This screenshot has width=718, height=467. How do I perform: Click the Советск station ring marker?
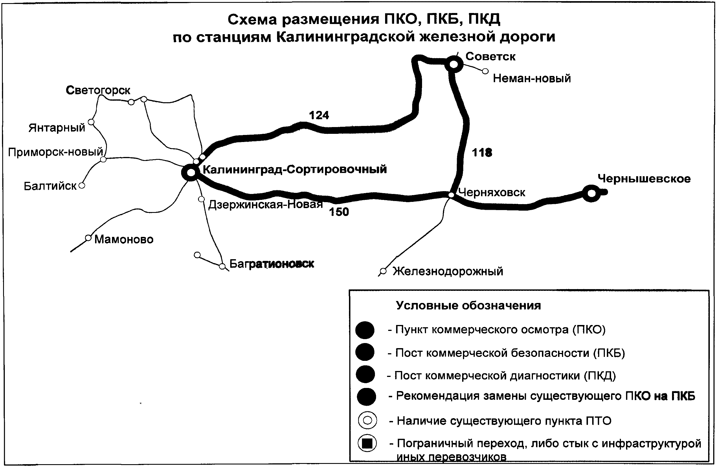[x=454, y=64]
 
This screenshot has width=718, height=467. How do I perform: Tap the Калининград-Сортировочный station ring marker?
[x=191, y=173]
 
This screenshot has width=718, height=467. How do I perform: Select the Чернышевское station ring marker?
[x=592, y=193]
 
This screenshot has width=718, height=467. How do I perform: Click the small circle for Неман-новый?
[x=485, y=71]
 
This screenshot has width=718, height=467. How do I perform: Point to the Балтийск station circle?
[x=82, y=185]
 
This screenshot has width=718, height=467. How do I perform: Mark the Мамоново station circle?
[x=88, y=238]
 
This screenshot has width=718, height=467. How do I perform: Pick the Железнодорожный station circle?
[x=383, y=271]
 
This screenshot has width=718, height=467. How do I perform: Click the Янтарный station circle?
[x=91, y=122]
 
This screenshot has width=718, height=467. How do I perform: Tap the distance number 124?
[x=319, y=115]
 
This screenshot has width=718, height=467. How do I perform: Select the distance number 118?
[x=482, y=152]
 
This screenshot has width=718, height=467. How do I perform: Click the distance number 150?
[x=339, y=212]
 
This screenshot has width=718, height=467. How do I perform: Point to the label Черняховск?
[x=492, y=193]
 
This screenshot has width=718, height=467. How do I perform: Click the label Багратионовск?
[x=271, y=264]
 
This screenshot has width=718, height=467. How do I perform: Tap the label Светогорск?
[x=98, y=90]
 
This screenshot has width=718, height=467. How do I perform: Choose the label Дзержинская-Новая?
[x=265, y=204]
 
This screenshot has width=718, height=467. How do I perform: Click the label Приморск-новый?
[x=56, y=152]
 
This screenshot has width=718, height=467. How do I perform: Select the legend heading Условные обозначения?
[x=468, y=305]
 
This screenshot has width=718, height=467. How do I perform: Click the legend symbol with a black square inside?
[x=367, y=443]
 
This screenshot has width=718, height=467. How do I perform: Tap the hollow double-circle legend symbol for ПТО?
[x=367, y=420]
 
